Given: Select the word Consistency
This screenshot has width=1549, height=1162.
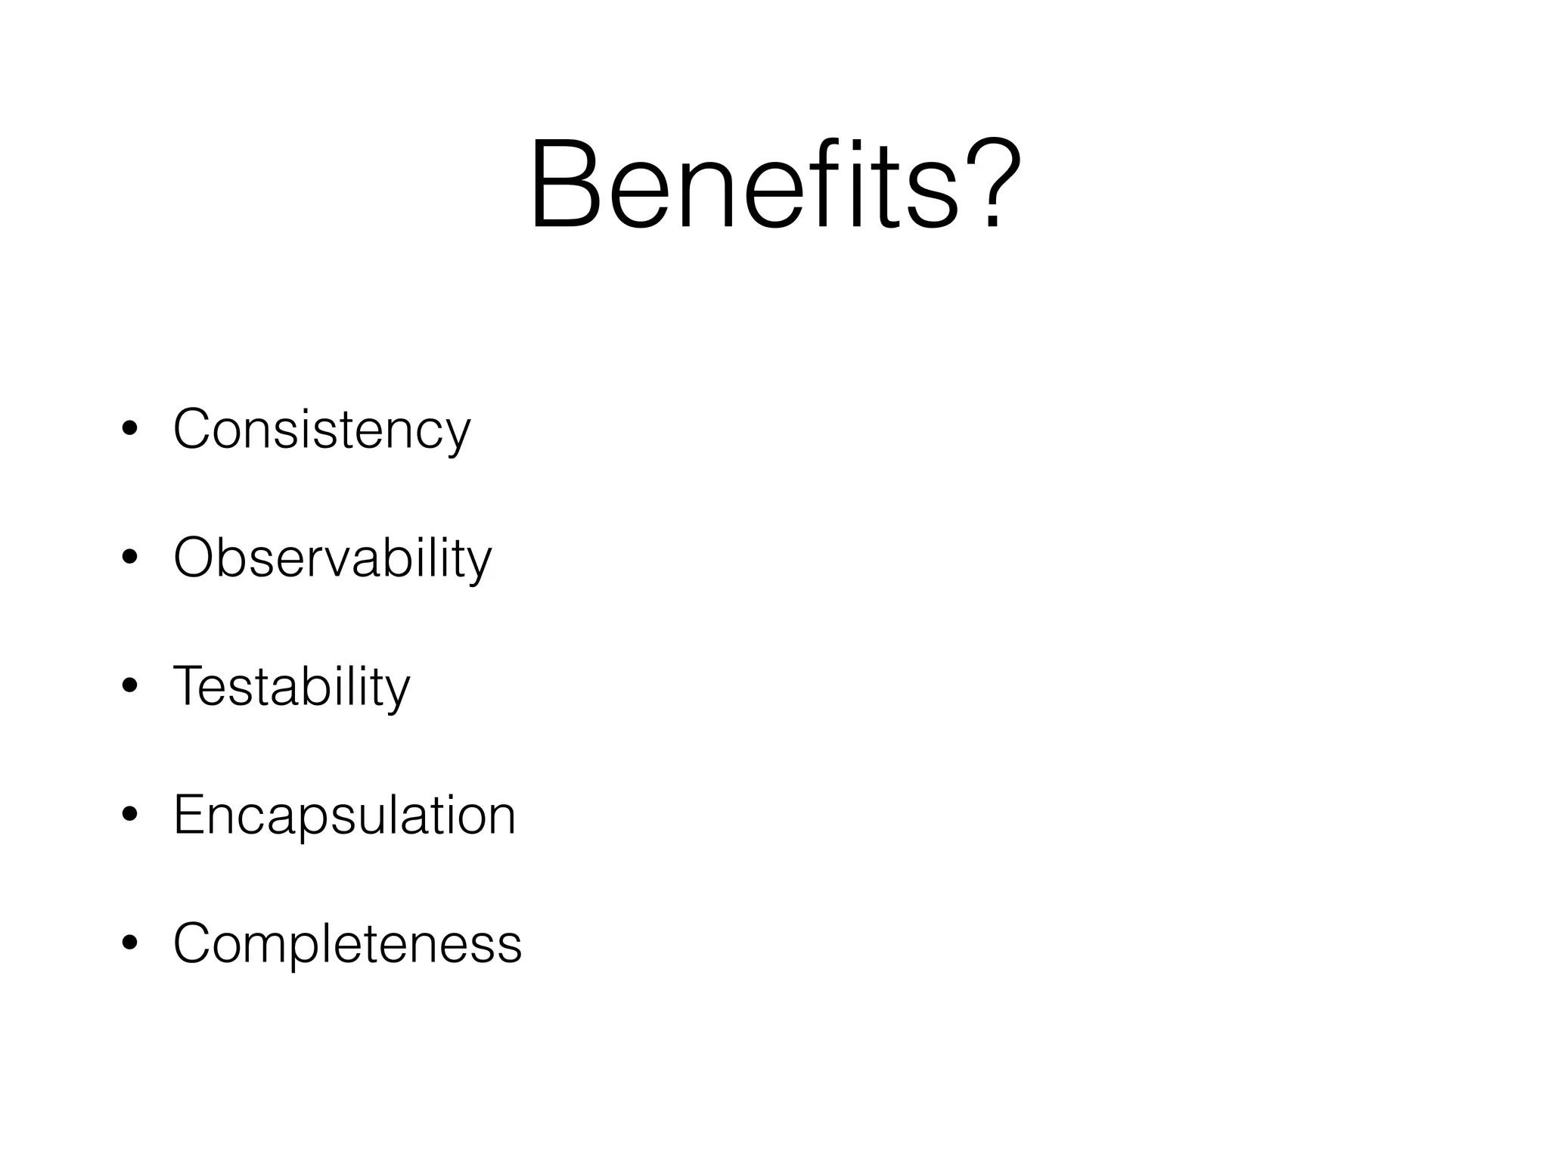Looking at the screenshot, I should pos(321,430).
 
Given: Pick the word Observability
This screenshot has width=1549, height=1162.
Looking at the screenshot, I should pos(332,558).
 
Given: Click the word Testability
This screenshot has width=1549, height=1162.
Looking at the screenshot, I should pos(291,687).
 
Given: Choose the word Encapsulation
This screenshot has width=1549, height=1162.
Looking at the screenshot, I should pos(344,816).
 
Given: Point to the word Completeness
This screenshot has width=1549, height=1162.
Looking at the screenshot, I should pos(347,944).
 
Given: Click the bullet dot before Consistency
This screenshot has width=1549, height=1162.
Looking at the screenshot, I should pos(129,430).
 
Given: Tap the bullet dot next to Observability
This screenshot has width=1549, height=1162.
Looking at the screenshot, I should pos(129,558).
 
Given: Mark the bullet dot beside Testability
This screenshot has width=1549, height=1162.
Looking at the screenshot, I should pos(129,687).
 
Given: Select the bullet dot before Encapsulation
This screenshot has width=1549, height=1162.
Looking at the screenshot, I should pos(129,816).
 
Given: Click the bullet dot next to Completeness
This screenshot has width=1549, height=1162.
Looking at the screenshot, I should pos(129,944).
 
